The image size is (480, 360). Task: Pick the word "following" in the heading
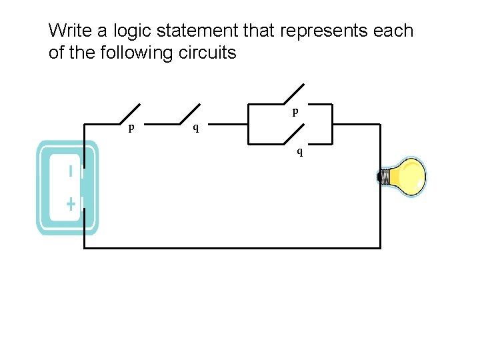coord(137,53)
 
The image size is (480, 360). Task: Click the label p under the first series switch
coord(131,127)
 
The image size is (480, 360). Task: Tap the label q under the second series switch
coord(195,127)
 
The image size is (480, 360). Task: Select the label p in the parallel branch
coord(295,112)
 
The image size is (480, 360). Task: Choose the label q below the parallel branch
coord(299,152)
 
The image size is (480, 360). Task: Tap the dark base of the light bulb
coord(385,177)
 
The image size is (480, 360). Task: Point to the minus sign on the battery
coord(71,171)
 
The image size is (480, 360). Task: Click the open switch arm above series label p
coord(129,114)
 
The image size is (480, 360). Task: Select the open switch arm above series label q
coord(190,114)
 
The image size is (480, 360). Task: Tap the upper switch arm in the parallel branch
coord(293,94)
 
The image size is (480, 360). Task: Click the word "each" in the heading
coord(396,31)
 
